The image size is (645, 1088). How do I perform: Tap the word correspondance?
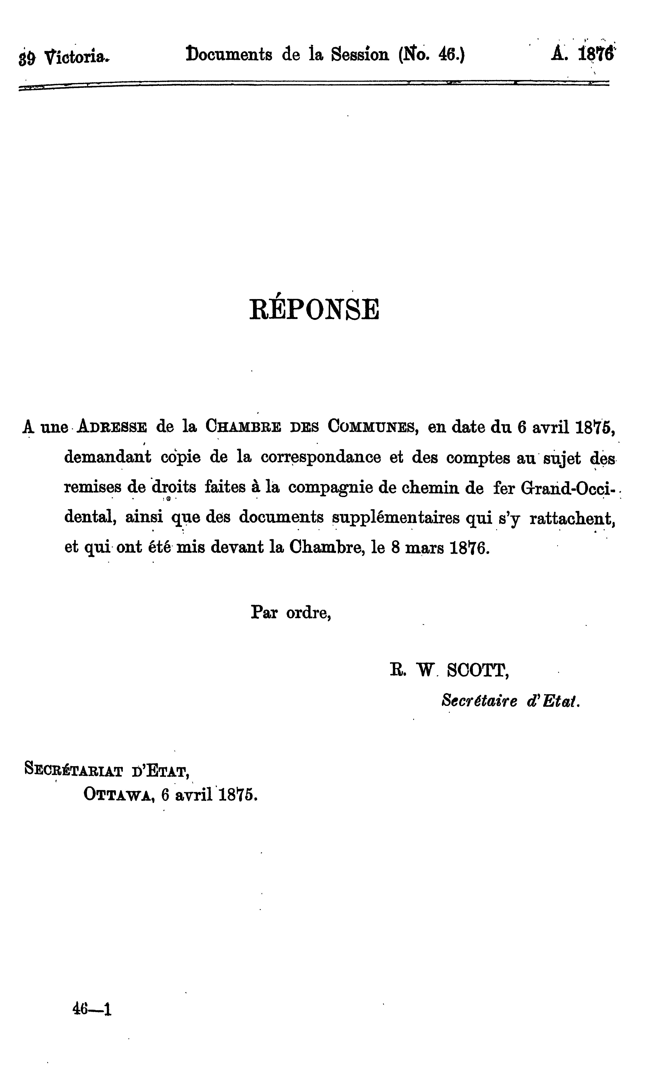pos(321,457)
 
